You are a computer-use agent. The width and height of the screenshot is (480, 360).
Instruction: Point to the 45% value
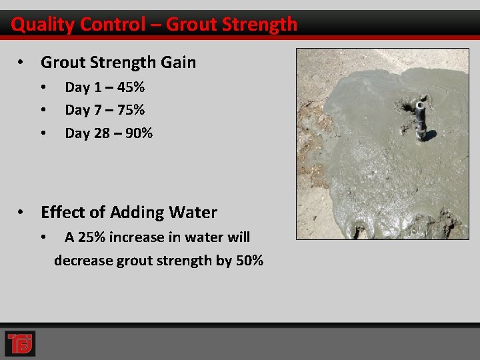(x=131, y=87)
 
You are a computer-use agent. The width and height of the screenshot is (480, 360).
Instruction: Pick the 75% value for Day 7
(x=131, y=110)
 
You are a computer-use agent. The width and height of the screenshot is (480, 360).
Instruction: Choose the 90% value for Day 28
(x=139, y=133)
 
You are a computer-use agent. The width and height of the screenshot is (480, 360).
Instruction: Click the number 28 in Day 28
(x=101, y=133)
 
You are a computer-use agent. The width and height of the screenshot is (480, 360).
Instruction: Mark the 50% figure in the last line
(x=250, y=261)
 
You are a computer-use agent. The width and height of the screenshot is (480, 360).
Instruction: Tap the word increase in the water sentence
(x=136, y=237)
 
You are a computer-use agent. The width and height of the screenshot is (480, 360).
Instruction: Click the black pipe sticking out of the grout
(x=421, y=119)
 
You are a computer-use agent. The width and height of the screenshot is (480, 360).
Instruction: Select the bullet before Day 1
(x=43, y=87)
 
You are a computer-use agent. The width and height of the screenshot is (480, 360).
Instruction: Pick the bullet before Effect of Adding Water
(x=22, y=213)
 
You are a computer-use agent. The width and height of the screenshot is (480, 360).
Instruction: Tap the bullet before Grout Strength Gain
(x=22, y=63)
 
